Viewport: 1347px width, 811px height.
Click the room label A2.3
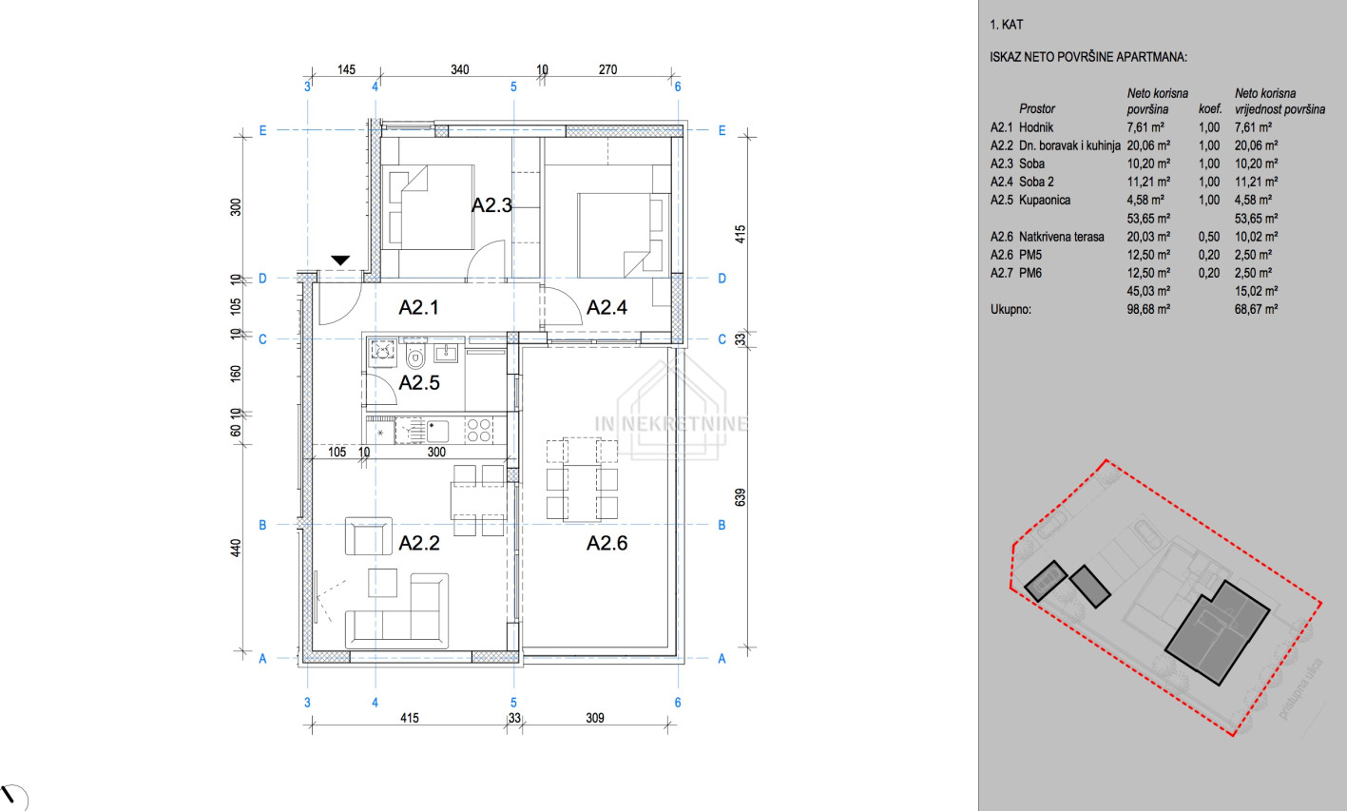491,205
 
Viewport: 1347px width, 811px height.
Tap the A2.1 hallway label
418,307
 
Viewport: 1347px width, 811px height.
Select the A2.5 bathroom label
419,382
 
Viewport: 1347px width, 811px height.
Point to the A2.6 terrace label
606,543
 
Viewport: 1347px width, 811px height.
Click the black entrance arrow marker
340,261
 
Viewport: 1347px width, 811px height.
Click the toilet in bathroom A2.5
414,357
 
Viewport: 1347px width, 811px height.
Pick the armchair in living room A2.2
369,536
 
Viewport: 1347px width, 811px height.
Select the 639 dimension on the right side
741,497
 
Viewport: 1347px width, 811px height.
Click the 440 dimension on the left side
236,548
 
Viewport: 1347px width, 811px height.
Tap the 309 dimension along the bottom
595,718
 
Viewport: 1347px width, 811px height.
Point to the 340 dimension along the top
460,69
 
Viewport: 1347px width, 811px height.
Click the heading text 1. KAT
1006,25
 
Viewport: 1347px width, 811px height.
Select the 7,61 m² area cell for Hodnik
1145,127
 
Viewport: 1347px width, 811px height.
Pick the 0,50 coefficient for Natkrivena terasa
1209,237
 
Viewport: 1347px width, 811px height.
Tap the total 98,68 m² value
1148,309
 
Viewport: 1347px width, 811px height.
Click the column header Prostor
1037,109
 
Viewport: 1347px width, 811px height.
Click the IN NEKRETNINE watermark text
671,424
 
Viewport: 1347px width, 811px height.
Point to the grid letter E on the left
262,130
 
